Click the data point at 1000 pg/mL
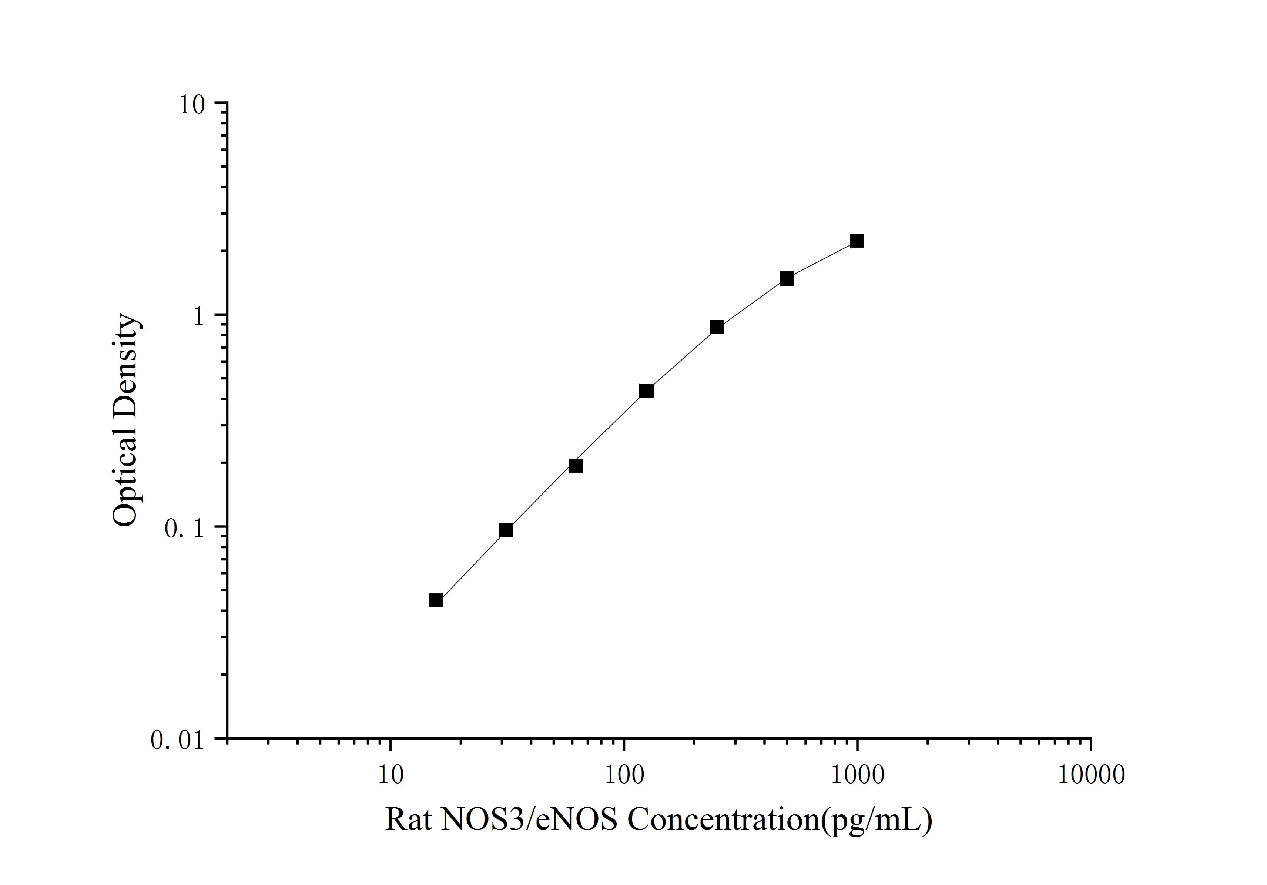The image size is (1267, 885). click(x=857, y=241)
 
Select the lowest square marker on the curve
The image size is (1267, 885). click(x=435, y=600)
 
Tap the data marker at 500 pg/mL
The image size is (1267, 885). click(x=787, y=279)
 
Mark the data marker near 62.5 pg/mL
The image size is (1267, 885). click(x=576, y=466)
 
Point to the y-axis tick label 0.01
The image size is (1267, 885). click(x=177, y=740)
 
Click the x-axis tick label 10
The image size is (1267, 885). click(x=391, y=775)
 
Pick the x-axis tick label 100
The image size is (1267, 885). click(x=624, y=775)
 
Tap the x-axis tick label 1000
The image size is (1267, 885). click(x=857, y=775)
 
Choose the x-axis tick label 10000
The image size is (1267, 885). click(x=1091, y=775)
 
